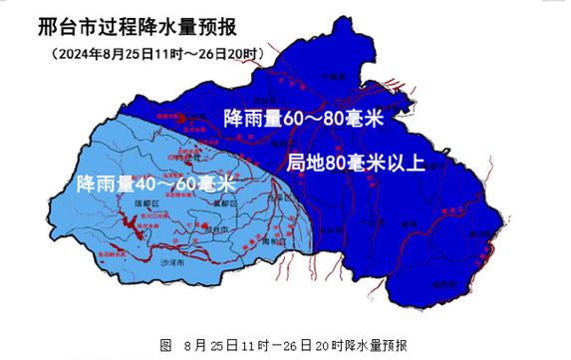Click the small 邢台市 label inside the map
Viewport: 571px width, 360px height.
tap(214, 228)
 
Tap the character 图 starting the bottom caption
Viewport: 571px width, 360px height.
tap(164, 344)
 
